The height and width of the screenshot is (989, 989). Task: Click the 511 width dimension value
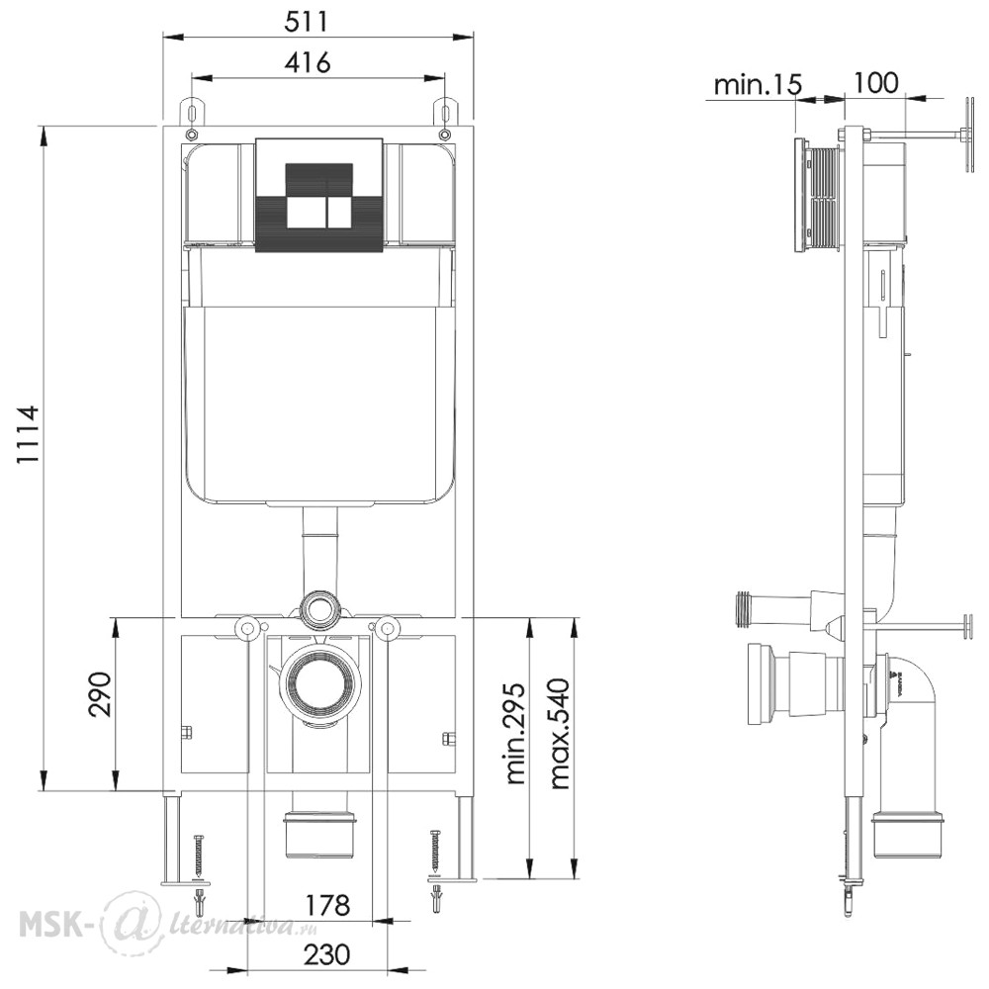click(307, 22)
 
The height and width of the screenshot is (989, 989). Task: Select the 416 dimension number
click(308, 62)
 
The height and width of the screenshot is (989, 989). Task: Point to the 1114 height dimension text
click(28, 434)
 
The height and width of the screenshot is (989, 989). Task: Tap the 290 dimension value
click(99, 694)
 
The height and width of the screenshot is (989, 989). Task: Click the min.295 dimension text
click(516, 733)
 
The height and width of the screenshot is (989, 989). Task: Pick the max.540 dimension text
click(560, 733)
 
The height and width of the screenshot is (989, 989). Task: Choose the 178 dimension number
click(327, 906)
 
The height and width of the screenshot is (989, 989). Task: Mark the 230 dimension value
click(327, 954)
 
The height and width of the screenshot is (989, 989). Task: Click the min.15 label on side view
click(758, 84)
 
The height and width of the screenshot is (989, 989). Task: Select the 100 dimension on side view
click(875, 83)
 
